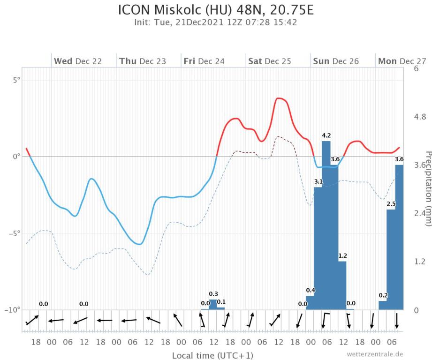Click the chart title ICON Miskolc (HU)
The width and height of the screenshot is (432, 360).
coord(216,10)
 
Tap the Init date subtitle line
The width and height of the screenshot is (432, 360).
coord(216,22)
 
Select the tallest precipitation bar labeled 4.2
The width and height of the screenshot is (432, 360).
coord(326,225)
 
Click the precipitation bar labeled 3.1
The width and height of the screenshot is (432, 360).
coord(318,248)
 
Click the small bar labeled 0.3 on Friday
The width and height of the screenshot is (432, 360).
coord(213,304)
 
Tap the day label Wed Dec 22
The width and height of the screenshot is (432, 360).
coord(78,61)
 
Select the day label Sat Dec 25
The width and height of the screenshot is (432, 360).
coord(269,61)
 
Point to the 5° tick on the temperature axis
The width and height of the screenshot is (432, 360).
coord(16,80)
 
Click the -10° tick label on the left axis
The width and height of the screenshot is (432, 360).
coord(14,310)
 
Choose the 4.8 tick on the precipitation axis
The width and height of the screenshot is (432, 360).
coord(420,117)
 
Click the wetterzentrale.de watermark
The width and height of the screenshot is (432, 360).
coord(374,354)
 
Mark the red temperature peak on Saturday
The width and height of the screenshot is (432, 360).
coord(280,98)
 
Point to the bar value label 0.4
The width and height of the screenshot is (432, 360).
coord(311,290)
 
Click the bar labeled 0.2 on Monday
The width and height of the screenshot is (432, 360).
coord(383,305)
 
